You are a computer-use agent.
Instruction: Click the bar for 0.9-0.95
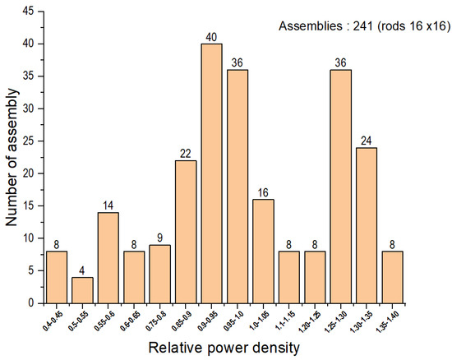[211, 173]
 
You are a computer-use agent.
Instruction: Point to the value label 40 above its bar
[211, 37]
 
